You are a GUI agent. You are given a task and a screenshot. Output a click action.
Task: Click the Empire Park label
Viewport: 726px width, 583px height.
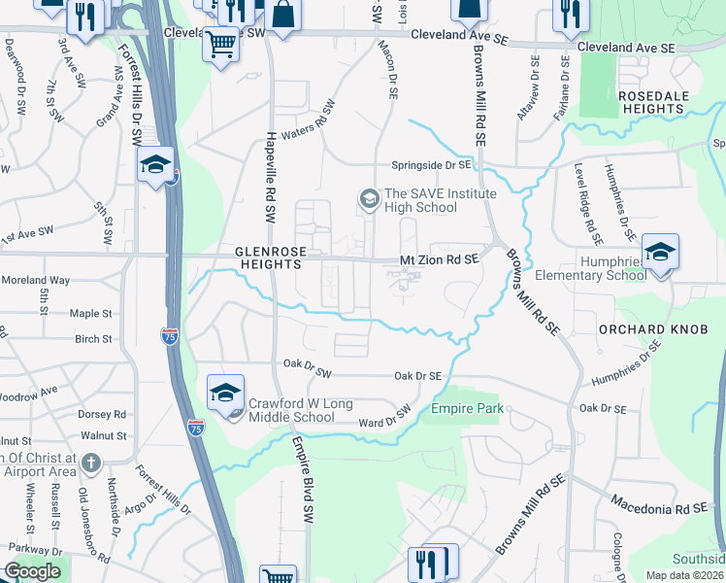pyautogui.click(x=468, y=409)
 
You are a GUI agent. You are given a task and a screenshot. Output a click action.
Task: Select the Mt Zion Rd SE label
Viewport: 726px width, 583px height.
pyautogui.click(x=440, y=260)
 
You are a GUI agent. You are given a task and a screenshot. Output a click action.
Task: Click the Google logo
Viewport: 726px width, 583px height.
pyautogui.click(x=32, y=571)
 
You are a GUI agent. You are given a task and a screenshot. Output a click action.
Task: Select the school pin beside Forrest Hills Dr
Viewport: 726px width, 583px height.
pyautogui.click(x=155, y=165)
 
